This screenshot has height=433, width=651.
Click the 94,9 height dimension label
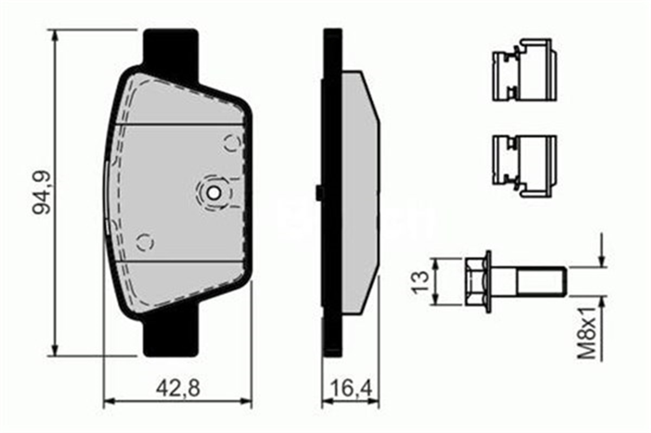[x=42, y=193]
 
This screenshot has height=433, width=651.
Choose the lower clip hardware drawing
[x=524, y=165]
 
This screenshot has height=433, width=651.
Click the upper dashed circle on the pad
[x=233, y=143]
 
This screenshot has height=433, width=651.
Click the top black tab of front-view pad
[x=170, y=49]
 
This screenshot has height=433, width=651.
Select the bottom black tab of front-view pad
[x=170, y=336]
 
